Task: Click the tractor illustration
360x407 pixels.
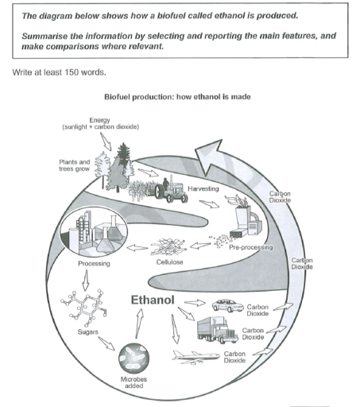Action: point(167,191)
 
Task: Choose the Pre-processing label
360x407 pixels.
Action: point(250,247)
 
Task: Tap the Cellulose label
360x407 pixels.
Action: point(170,262)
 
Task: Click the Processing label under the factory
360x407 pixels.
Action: point(94,263)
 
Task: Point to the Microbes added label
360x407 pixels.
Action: point(134,385)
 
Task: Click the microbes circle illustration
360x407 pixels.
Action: point(134,356)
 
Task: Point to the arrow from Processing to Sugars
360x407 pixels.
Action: point(87,281)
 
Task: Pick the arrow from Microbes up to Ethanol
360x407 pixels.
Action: point(140,323)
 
